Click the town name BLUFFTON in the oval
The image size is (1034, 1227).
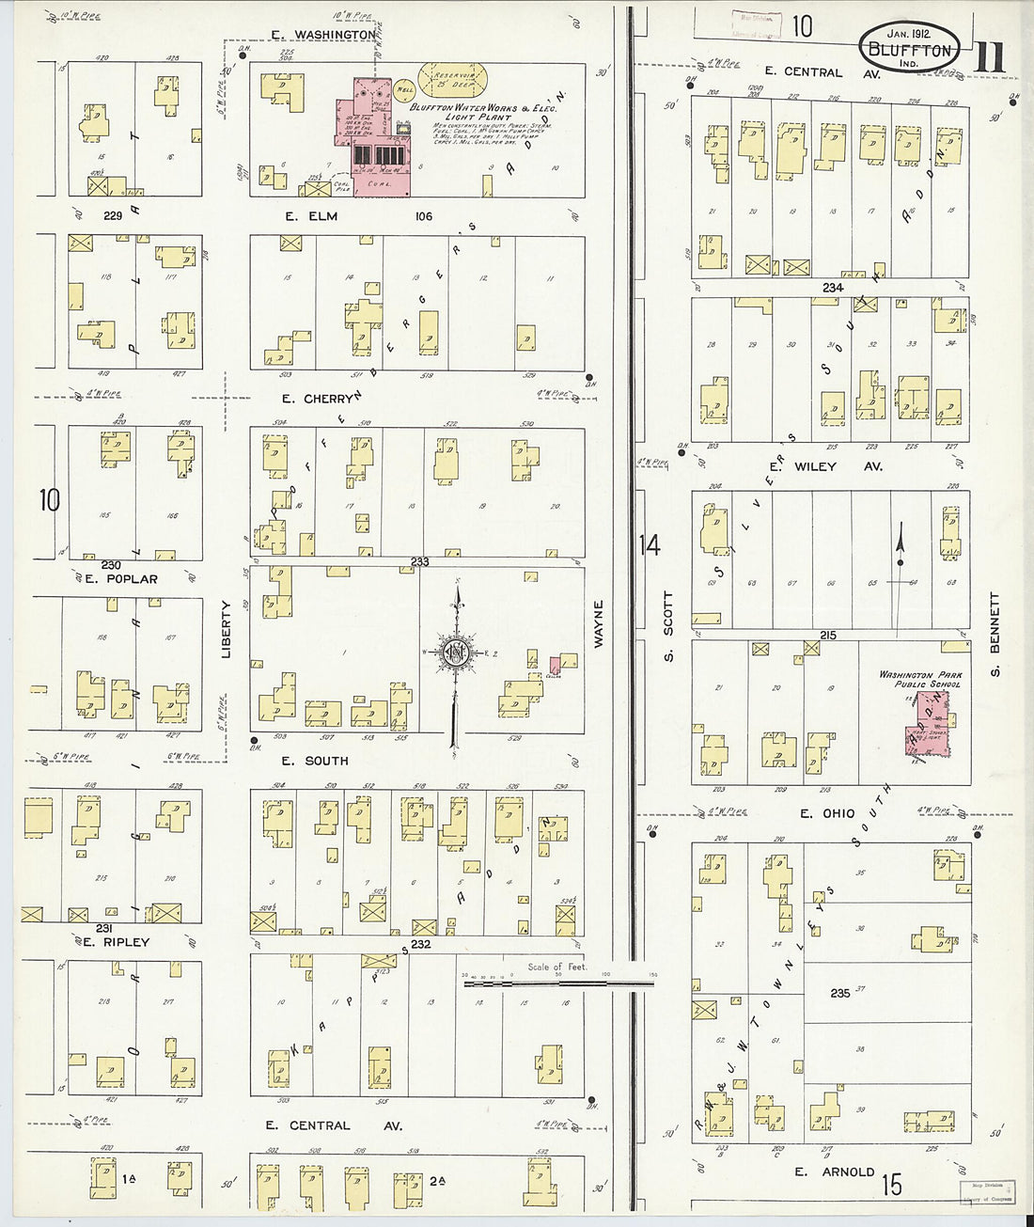click(908, 51)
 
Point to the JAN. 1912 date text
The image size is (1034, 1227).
click(908, 33)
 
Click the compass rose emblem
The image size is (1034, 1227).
click(457, 653)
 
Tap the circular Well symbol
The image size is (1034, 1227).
click(405, 90)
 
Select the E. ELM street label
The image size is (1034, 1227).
click(311, 216)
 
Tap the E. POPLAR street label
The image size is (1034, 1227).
click(120, 578)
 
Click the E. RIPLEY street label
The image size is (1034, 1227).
click(116, 941)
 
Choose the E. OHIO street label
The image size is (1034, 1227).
click(826, 813)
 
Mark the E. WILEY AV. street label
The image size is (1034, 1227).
click(824, 466)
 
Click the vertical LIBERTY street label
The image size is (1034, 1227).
click(226, 628)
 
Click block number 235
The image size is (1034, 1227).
click(840, 993)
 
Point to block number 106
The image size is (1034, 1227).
click(424, 216)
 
